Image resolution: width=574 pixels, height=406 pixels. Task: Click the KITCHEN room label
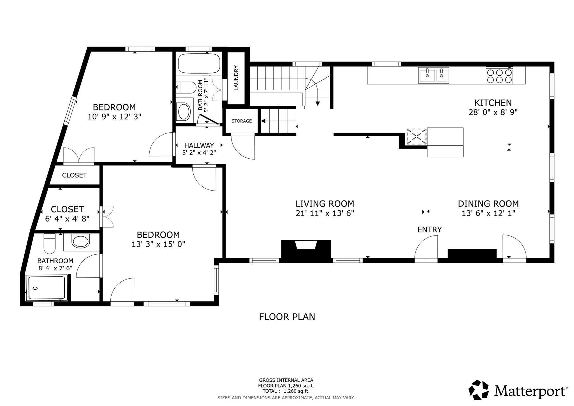(x=493, y=103)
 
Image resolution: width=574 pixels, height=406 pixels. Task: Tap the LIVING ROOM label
(x=325, y=204)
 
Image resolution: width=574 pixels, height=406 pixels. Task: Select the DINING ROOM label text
(x=488, y=204)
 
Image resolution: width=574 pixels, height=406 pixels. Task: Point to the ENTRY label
(x=429, y=230)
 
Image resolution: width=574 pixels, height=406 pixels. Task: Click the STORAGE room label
(x=242, y=121)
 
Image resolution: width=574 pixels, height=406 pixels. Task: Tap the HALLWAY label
(x=199, y=146)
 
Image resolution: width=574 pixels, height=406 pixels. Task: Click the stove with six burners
(x=499, y=76)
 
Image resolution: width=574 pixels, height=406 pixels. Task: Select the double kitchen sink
(x=434, y=75)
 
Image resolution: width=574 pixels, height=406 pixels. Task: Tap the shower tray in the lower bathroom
(x=46, y=288)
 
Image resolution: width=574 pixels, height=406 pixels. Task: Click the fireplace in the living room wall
(x=306, y=250)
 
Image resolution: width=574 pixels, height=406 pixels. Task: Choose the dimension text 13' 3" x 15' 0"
(x=158, y=244)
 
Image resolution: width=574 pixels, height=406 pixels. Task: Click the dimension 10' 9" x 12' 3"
(x=114, y=117)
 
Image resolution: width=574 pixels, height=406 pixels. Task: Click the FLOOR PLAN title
(x=287, y=317)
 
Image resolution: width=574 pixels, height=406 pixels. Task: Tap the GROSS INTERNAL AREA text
(x=286, y=380)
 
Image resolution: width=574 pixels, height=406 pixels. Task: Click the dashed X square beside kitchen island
(x=416, y=137)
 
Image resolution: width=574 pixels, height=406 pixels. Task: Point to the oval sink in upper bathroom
(x=184, y=112)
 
